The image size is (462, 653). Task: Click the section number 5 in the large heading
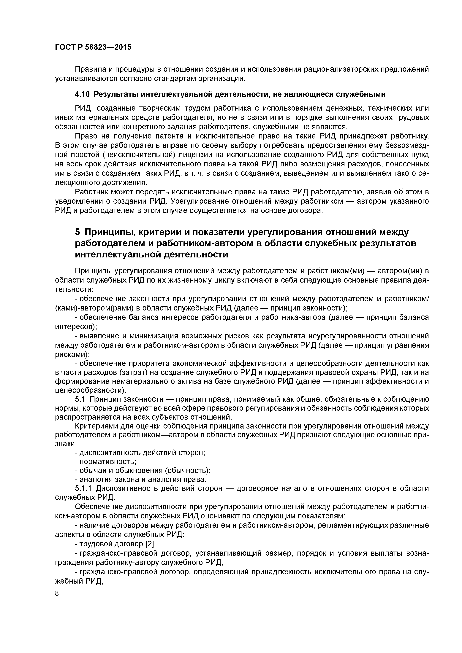coord(78,232)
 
